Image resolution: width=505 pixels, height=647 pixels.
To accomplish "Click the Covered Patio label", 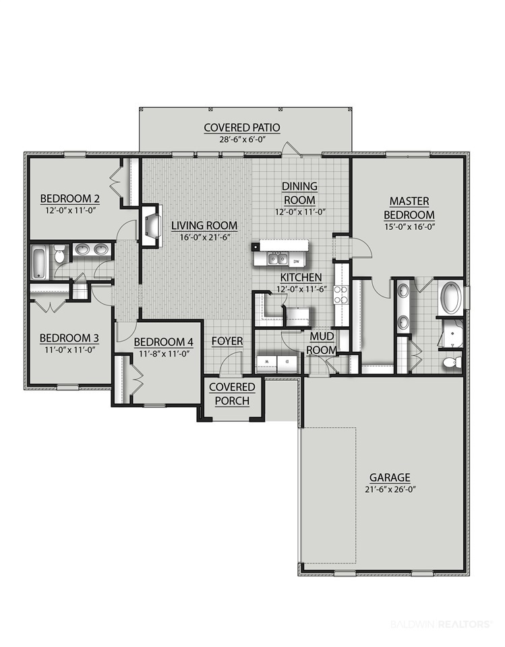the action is (x=242, y=127).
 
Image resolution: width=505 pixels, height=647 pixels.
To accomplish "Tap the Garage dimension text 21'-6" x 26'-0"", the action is (x=390, y=490).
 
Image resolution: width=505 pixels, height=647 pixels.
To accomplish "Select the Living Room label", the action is (x=204, y=226).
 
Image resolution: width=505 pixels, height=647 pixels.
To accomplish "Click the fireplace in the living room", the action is (x=152, y=225).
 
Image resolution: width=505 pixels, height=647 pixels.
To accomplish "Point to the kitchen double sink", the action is (x=278, y=259).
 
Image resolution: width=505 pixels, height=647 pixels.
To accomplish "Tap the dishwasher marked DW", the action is (x=296, y=261).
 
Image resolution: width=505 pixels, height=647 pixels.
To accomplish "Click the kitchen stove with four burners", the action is (x=341, y=295).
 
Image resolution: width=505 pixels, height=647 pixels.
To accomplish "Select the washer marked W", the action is (x=266, y=363).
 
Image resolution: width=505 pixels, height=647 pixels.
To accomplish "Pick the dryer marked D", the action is (x=287, y=363).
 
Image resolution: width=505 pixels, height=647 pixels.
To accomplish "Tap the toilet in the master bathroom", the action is (x=451, y=363).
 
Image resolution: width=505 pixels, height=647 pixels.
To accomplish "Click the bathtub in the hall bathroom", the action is (x=40, y=262).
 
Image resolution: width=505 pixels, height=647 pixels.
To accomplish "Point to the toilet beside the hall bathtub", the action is (x=60, y=254).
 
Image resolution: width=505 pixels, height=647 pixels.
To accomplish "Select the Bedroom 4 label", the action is (x=164, y=342).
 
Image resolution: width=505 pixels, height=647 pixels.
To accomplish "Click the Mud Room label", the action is (x=322, y=343).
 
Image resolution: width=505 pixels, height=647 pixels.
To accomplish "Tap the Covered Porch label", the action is (x=232, y=394).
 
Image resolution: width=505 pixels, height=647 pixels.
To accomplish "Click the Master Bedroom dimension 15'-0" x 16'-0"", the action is (x=409, y=226).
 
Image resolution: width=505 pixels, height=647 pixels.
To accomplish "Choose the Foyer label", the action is (x=227, y=341).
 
